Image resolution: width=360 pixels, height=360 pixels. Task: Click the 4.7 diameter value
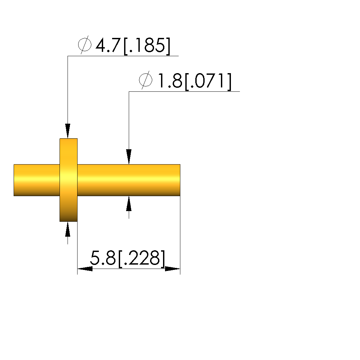[108, 45]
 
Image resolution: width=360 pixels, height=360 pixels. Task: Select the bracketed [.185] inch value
[147, 46]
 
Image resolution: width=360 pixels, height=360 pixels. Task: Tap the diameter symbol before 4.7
[85, 45]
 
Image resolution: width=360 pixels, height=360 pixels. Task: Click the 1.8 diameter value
[170, 80]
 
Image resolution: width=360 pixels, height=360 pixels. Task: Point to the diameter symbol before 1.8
[146, 80]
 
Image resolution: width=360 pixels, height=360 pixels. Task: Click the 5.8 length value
[103, 258]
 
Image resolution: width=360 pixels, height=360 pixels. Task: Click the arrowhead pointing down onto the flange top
[68, 131]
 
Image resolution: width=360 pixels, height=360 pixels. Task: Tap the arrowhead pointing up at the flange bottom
[68, 229]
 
